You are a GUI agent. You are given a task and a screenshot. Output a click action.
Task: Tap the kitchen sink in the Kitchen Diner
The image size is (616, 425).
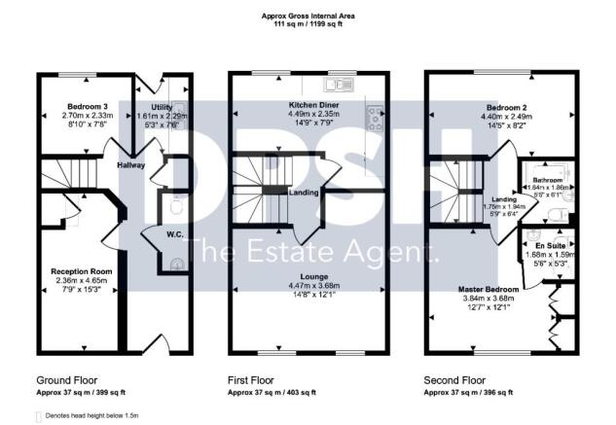(x=344, y=84)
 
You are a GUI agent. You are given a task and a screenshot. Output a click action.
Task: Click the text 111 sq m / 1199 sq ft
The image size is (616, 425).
(x=308, y=22)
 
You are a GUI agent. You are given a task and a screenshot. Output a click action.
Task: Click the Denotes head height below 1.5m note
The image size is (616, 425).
(x=93, y=415)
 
